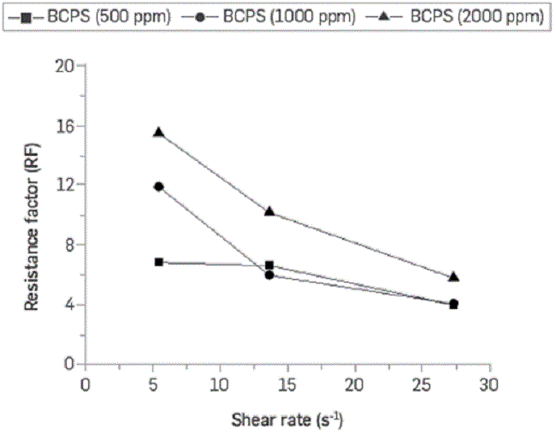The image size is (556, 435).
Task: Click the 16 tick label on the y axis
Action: click(66, 126)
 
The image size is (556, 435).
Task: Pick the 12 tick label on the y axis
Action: click(66, 185)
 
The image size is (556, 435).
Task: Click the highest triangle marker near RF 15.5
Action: click(158, 132)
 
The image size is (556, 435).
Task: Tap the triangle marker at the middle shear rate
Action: click(269, 211)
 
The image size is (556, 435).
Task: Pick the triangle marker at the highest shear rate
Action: click(454, 277)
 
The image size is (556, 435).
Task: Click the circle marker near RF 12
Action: click(158, 187)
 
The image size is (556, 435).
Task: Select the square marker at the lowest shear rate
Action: click(159, 262)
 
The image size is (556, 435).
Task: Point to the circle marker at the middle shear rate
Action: click(269, 275)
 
